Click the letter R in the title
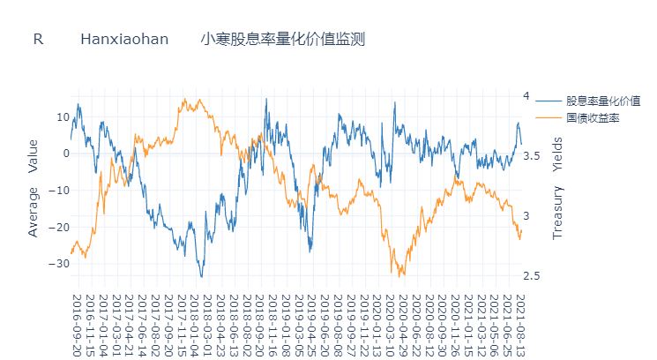(38, 41)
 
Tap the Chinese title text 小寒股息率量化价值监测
(282, 41)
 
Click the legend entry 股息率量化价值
(602, 101)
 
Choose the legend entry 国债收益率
(592, 117)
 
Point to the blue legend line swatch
(548, 101)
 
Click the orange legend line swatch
(548, 117)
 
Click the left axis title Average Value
(33, 188)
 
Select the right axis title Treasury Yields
(556, 188)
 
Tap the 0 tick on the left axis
(64, 154)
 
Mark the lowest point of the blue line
(202, 277)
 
